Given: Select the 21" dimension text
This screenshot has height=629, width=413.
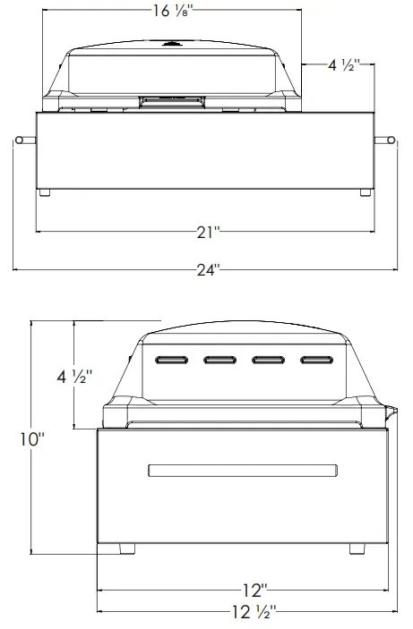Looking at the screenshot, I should pyautogui.click(x=208, y=232).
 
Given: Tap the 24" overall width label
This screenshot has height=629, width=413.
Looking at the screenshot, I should pyautogui.click(x=208, y=268).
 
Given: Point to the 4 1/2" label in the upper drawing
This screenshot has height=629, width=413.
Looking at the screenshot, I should pyautogui.click(x=343, y=65).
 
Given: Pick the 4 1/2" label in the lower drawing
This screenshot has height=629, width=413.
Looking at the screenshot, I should pyautogui.click(x=74, y=377).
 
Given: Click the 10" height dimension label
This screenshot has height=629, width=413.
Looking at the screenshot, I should pyautogui.click(x=31, y=439).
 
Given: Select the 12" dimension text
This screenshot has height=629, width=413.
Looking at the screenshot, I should pyautogui.click(x=254, y=590).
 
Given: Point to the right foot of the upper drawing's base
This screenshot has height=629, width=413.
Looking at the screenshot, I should pyautogui.click(x=365, y=193).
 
